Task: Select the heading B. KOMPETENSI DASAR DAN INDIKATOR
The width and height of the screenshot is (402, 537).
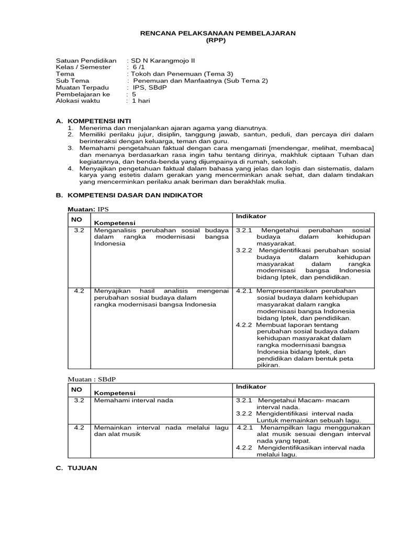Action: (129, 195)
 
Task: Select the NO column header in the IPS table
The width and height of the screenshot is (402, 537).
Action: (76, 220)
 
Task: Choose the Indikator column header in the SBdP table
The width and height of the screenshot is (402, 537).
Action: (251, 386)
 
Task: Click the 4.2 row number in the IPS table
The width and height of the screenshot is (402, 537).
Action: (79, 291)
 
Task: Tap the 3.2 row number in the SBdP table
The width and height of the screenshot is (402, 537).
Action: (79, 400)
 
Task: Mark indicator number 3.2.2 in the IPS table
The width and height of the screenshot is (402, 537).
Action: (244, 250)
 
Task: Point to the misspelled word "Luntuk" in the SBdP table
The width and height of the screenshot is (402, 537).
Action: (267, 420)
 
